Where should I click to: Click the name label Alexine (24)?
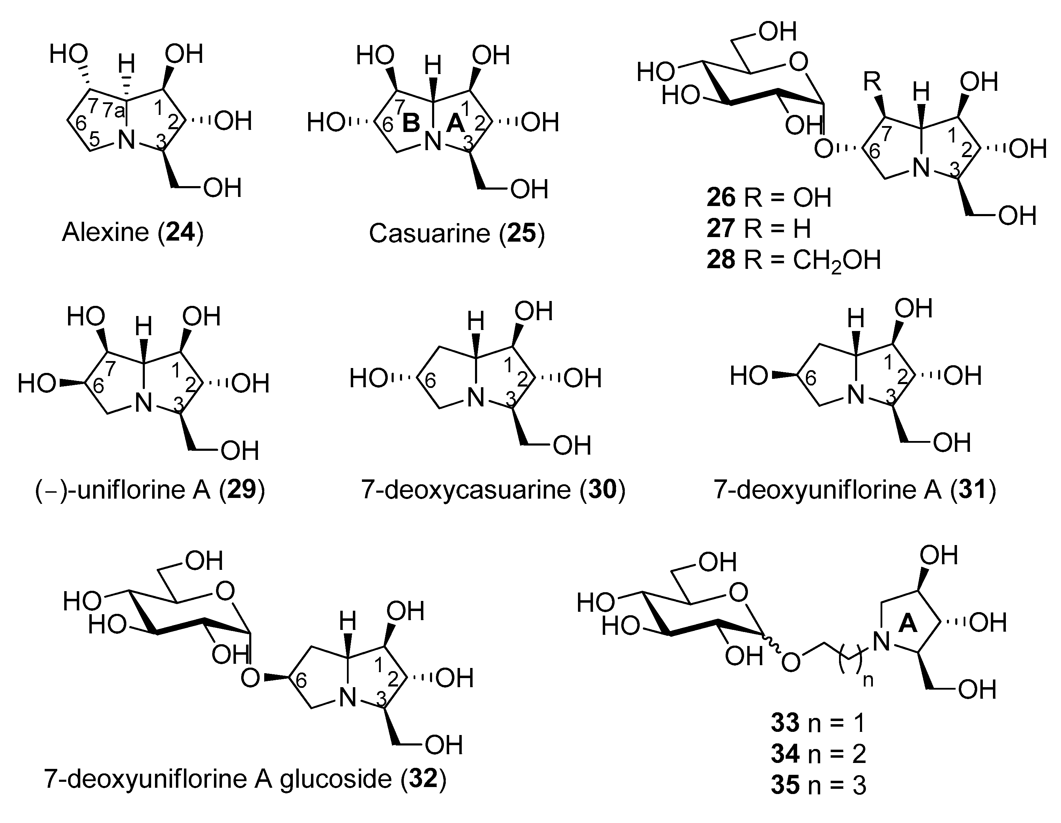point(132,232)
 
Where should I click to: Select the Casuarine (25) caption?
point(457,233)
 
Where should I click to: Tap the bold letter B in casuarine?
point(411,124)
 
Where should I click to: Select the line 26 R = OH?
point(769,198)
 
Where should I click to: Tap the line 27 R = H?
point(758,228)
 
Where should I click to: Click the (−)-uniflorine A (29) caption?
point(150,490)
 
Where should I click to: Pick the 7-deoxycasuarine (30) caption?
point(493,490)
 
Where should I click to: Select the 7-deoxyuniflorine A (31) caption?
point(854,490)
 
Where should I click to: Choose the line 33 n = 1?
point(818,723)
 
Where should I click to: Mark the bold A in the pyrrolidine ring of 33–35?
point(907,624)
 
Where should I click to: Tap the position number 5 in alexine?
point(95,139)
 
